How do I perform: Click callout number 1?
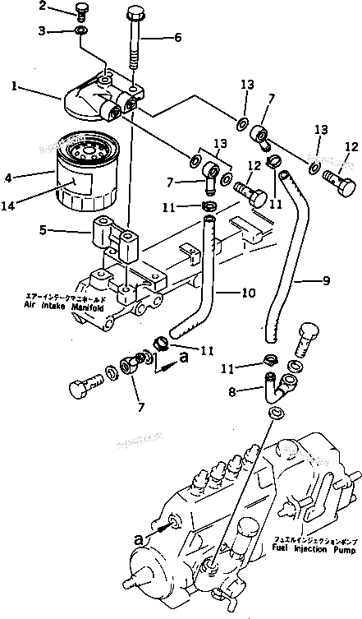[15, 85]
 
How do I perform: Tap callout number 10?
[247, 291]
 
